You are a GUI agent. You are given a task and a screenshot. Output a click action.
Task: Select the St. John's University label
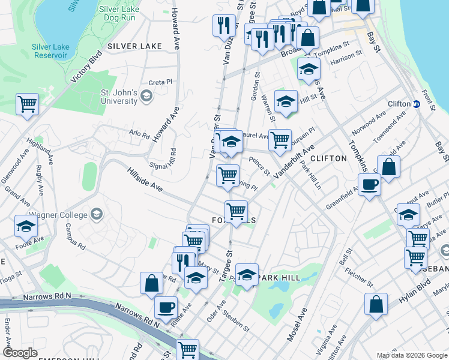point(119,97)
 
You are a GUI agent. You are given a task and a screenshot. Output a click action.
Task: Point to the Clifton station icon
point(416,104)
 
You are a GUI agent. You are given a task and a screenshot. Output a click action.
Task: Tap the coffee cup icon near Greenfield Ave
point(369,184)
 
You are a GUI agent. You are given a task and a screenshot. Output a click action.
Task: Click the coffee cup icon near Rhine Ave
point(166,307)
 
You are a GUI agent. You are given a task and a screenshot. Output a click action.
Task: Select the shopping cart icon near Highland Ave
point(28,104)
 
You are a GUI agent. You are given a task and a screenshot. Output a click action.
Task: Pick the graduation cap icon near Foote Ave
point(26,226)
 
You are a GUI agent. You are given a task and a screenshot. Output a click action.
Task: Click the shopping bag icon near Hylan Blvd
point(376,304)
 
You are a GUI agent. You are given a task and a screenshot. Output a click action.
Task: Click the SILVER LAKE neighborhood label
point(127,46)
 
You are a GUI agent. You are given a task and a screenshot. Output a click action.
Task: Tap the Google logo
point(19,353)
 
